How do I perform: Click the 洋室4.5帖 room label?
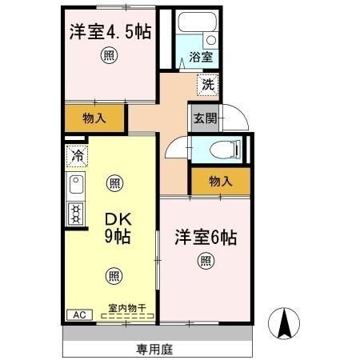pos(110,32)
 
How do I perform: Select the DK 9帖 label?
pos(115,227)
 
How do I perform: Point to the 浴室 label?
pos(201,58)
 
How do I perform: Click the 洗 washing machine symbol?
pos(207,82)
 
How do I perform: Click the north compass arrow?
pos(285,323)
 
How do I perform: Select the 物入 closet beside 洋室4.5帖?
pos(94,118)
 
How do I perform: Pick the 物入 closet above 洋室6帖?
pos(220,182)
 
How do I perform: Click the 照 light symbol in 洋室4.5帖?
pos(107,55)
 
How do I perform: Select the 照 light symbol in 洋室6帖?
pos(206,260)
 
